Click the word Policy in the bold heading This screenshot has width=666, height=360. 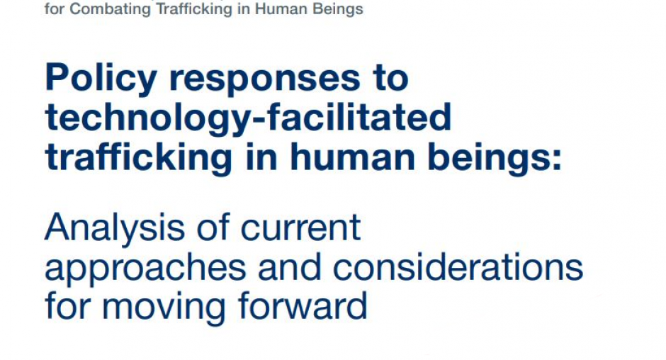[x=101, y=79]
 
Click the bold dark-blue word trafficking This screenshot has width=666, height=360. [x=138, y=158]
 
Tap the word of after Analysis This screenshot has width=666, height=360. [x=213, y=227]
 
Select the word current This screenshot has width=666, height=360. [x=300, y=230]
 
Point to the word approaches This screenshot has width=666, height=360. [x=145, y=269]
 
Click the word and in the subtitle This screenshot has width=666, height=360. [x=289, y=267]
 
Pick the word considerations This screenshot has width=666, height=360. [x=458, y=267]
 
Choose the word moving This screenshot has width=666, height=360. [x=164, y=308]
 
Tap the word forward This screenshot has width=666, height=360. [x=303, y=306]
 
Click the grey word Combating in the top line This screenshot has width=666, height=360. [x=111, y=10]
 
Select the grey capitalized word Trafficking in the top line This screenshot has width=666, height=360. [x=195, y=10]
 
